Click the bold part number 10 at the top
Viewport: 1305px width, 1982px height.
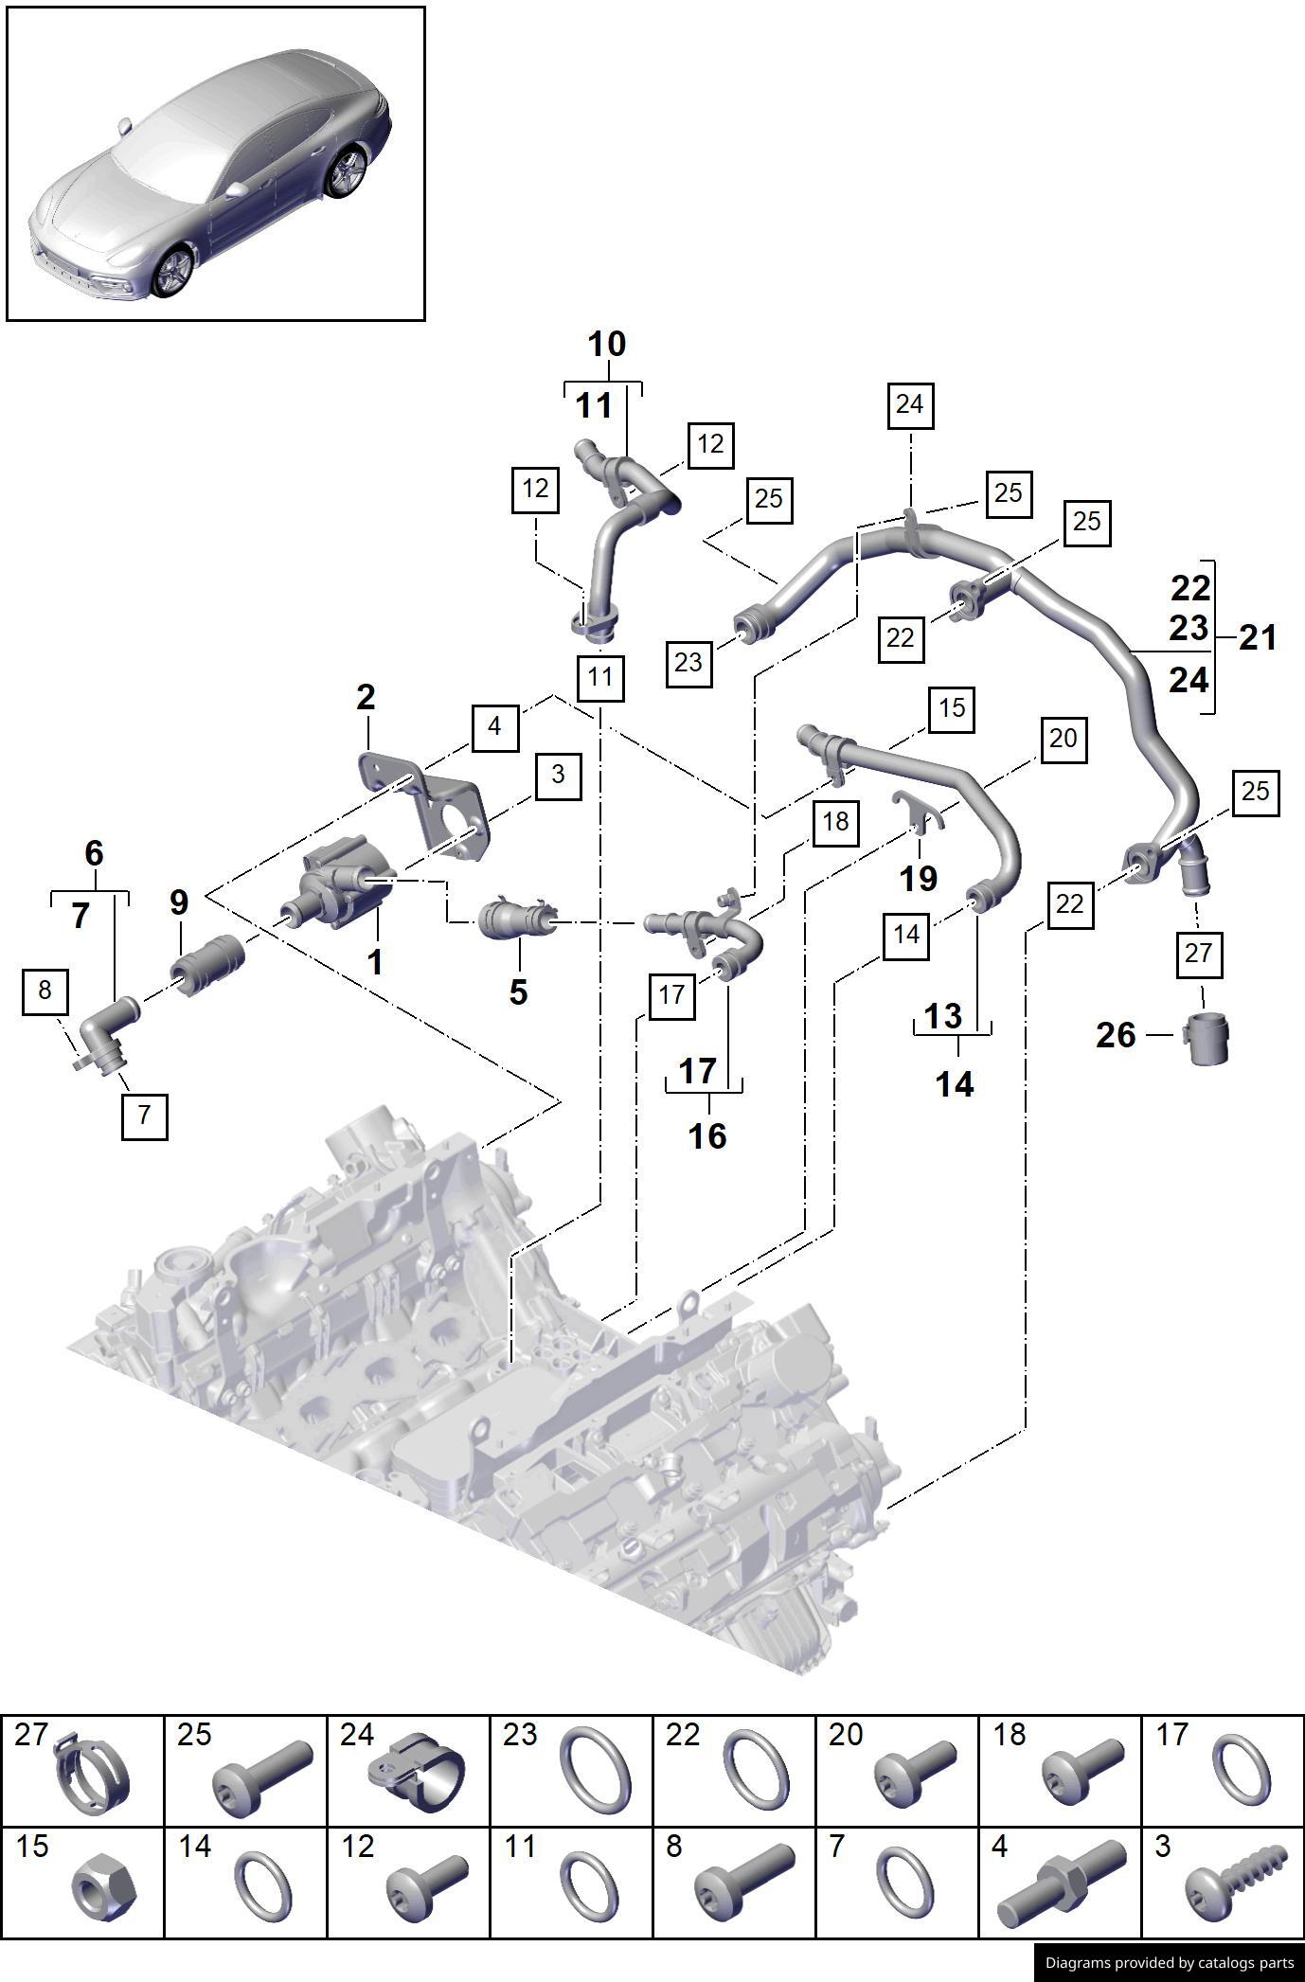pyautogui.click(x=606, y=344)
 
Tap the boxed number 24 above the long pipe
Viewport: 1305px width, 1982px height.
pyautogui.click(x=909, y=404)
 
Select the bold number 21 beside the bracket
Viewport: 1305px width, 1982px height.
pyautogui.click(x=1258, y=637)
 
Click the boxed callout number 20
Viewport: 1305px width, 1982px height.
pyautogui.click(x=1063, y=739)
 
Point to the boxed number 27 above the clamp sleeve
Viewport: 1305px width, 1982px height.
pyautogui.click(x=1198, y=953)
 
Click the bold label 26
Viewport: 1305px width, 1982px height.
pyautogui.click(x=1116, y=1035)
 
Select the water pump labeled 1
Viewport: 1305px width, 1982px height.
pyautogui.click(x=341, y=885)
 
